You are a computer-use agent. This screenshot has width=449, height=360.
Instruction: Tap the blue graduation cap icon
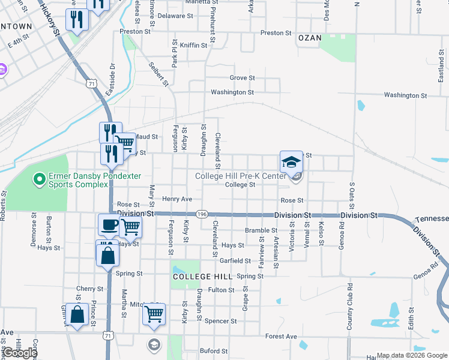point(291,162)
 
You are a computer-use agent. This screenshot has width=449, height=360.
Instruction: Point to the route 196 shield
point(202,214)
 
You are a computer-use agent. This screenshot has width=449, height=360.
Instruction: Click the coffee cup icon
point(109,225)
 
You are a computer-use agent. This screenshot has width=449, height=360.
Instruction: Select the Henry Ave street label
point(177,199)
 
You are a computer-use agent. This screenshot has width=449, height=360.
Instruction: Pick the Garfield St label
point(235,261)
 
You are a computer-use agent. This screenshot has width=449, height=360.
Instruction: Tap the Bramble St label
point(259,230)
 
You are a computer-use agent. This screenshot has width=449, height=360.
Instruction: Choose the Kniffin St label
point(194,45)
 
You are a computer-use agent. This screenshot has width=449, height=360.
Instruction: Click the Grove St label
point(243,78)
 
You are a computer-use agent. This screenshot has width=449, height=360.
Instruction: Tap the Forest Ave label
point(282,337)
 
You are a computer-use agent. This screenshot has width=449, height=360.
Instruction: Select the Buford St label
point(214,351)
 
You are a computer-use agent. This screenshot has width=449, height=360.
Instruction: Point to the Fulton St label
point(221,290)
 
